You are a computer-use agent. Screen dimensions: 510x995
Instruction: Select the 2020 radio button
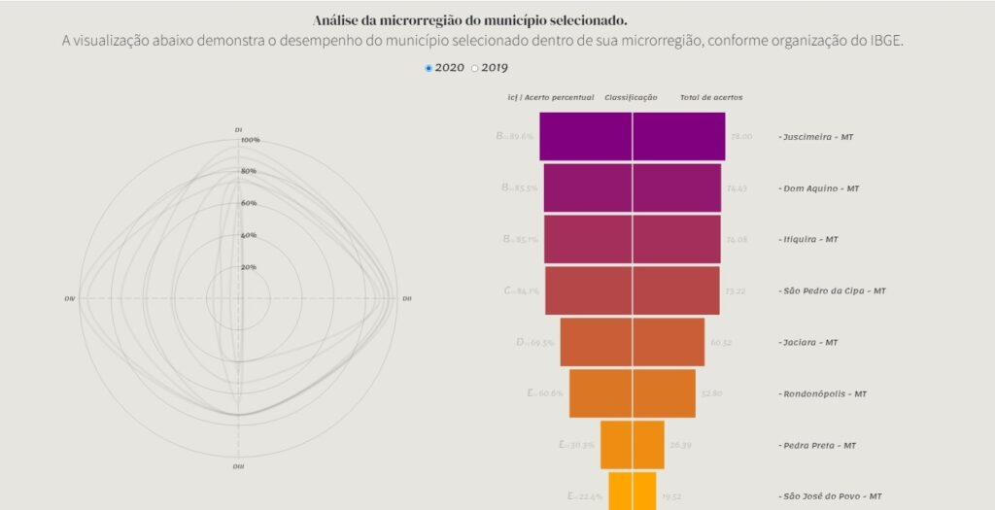coord(429,68)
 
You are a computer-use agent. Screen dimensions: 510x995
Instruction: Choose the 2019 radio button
coord(475,68)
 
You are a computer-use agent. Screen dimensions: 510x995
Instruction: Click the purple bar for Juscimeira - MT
coord(632,136)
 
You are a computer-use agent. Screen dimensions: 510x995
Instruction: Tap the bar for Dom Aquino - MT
coord(632,187)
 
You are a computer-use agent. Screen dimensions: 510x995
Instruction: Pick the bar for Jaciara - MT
coord(632,342)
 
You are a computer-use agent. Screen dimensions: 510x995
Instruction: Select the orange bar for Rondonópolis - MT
coord(632,393)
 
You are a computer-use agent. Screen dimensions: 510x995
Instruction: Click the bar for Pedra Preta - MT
coord(632,445)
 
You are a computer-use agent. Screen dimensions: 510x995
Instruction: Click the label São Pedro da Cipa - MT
coord(832,290)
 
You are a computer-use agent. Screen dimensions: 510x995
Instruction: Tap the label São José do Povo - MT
coord(831,496)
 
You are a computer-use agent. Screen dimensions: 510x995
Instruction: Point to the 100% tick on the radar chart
coord(250,140)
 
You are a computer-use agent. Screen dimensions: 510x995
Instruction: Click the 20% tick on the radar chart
coord(249,267)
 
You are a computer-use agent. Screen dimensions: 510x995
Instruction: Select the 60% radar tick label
coord(249,203)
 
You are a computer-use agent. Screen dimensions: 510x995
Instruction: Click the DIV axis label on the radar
coord(70,298)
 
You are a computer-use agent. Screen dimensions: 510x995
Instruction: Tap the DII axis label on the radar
coord(406,298)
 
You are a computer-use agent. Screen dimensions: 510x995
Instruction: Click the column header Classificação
coord(631,97)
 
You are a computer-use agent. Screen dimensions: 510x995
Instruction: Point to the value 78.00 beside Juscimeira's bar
coord(741,136)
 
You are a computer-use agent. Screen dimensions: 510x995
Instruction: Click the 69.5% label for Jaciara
coord(540,343)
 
